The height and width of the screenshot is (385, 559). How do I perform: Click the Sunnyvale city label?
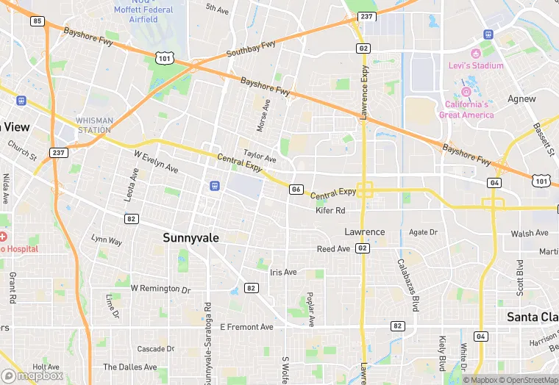click(x=191, y=238)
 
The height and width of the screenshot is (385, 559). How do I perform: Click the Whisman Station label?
click(x=94, y=126)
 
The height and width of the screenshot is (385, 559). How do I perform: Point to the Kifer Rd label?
click(x=330, y=211)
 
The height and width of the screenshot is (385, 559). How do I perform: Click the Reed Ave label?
click(x=333, y=249)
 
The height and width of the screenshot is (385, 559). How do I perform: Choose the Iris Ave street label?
click(x=283, y=272)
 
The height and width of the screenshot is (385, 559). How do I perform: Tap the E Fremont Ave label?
click(x=246, y=327)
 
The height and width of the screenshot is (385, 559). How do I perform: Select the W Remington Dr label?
click(x=160, y=289)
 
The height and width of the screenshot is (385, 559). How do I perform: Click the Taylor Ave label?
click(x=260, y=156)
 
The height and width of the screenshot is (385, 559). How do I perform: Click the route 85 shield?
click(x=38, y=21)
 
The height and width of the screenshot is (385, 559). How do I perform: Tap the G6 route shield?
click(x=296, y=190)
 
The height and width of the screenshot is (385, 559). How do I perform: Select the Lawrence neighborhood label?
click(x=365, y=232)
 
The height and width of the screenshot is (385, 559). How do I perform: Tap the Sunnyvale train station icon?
click(x=214, y=185)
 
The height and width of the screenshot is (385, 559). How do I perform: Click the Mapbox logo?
click(x=33, y=375)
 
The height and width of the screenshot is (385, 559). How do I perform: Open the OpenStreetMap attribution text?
click(x=526, y=380)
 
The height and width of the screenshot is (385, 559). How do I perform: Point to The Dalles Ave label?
click(x=129, y=367)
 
